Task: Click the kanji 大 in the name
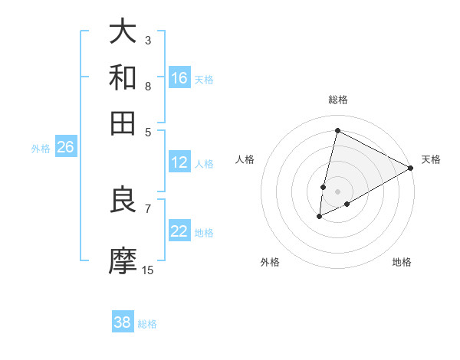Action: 123,32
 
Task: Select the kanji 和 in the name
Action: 123,77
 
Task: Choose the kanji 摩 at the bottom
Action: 123,260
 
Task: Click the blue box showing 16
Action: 179,77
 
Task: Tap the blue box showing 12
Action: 179,162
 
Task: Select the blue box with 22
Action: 179,231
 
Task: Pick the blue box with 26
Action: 65,148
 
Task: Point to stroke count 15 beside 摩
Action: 147,270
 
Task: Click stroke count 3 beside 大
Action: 147,40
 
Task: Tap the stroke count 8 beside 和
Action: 147,86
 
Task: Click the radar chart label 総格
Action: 337,100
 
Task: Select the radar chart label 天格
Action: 431,159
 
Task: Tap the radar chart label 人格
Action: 245,159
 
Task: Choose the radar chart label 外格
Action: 270,262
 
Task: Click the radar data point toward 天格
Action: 411,168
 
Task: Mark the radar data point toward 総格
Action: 337,130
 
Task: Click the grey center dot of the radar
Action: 337,191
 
